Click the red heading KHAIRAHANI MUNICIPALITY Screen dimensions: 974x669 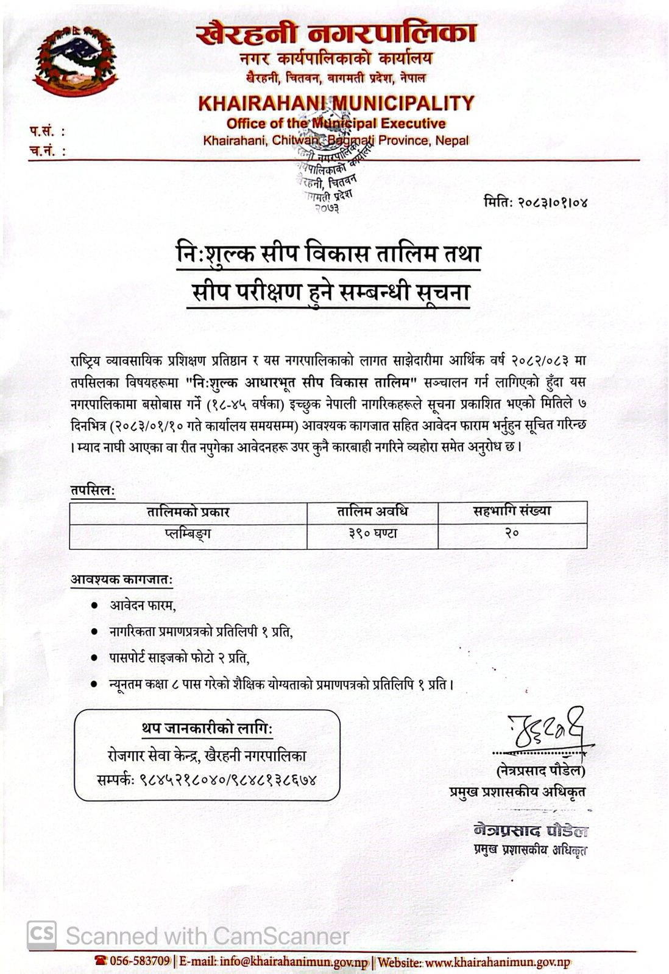[336, 102]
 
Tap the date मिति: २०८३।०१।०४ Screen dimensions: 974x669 [536, 201]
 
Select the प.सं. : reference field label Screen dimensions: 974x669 [46, 131]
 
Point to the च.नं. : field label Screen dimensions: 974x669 [46, 150]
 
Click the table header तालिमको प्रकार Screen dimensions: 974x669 [188, 512]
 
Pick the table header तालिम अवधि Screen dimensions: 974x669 [372, 511]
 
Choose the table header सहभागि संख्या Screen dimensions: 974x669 [512, 511]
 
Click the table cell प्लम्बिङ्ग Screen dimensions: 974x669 [188, 534]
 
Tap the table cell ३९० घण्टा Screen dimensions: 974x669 [372, 534]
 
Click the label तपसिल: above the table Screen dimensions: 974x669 [92, 491]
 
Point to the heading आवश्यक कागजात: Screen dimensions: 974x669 [121, 580]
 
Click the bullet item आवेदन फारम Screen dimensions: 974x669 [143, 606]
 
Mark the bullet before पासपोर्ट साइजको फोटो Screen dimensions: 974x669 [94, 658]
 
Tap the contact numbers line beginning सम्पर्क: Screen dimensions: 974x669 [207, 779]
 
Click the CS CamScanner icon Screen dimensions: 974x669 [41, 931]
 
